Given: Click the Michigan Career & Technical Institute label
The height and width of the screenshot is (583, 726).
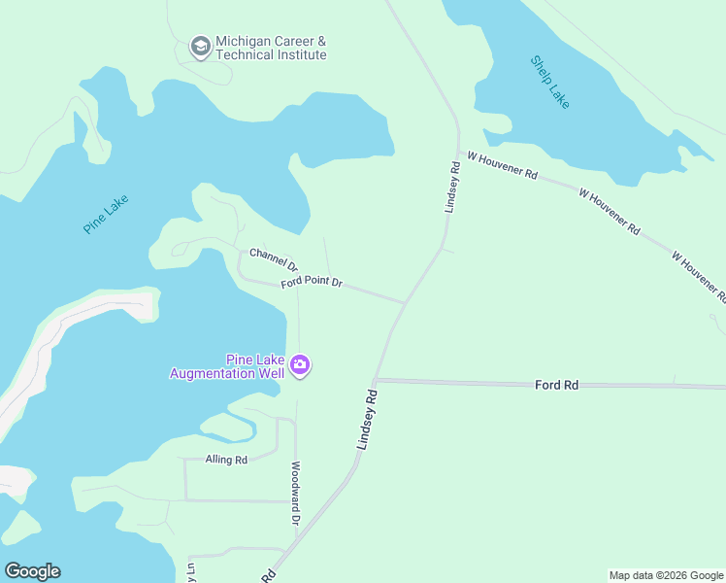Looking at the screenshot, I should click(271, 49).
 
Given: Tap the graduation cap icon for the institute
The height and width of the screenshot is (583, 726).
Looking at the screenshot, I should click(201, 48).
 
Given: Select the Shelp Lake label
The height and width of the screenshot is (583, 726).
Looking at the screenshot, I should click(550, 82).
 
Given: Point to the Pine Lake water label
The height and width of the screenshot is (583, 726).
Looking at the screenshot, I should click(106, 214).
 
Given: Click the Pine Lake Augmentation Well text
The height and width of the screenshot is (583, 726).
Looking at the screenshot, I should click(227, 366).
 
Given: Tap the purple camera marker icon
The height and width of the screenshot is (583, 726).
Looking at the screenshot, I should click(300, 365).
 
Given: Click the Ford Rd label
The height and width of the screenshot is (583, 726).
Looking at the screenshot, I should click(556, 386).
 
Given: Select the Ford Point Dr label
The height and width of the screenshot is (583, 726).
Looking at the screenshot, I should click(312, 283).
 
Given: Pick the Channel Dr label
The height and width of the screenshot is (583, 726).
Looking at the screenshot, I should click(274, 258).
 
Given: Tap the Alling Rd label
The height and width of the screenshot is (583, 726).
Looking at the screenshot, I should click(226, 459).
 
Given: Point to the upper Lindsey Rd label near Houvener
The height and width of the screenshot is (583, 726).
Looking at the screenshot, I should click(451, 186).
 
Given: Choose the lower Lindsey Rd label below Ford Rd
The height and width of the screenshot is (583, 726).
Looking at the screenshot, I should click(366, 420).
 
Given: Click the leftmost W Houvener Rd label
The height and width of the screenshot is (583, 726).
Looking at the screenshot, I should click(502, 164).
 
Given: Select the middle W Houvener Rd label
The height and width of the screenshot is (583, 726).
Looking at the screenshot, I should click(609, 212).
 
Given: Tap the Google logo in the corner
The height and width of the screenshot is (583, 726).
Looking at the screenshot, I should click(32, 571).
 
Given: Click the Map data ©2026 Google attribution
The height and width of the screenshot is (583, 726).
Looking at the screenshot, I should click(666, 575).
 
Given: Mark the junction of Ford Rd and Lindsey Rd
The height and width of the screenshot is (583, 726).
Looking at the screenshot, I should click(377, 380).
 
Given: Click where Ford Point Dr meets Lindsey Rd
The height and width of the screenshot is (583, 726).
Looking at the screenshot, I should click(404, 301).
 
